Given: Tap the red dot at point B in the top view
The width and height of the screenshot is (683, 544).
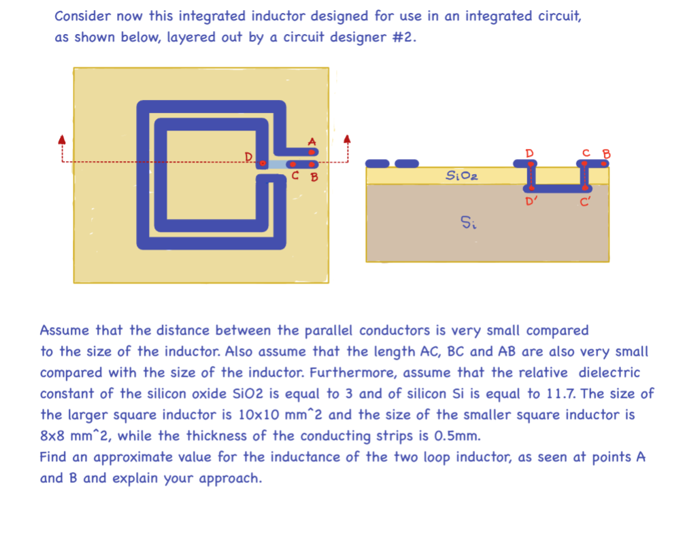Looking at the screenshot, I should coord(312,164).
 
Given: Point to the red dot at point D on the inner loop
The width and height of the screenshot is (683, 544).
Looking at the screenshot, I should coord(262,163).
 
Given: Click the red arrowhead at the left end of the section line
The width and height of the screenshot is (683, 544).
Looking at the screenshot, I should coord(61,139).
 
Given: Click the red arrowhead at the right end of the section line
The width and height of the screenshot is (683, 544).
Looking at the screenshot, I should coord(348,139).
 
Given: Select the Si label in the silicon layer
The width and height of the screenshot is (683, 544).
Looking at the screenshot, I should coord(467,222).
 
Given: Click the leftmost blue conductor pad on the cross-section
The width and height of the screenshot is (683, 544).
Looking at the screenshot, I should coord(378,163).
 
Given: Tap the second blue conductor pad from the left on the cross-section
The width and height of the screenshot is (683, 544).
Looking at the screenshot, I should coord(407,163).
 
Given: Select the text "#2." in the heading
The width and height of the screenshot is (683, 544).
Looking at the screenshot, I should coord(404,37).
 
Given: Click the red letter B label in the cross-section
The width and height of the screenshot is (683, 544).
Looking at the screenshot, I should coord(607,154).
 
